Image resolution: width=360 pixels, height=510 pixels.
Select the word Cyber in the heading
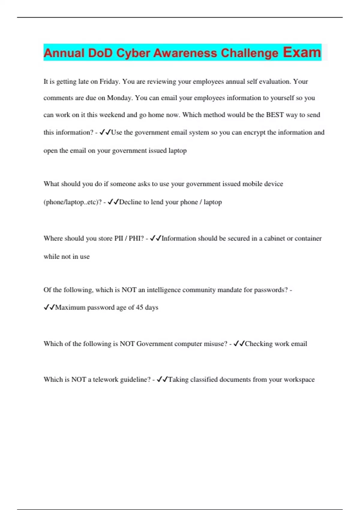pos(133,53)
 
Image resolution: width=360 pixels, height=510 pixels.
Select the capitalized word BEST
pos(275,115)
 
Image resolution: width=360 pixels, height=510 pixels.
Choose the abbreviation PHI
pos(134,238)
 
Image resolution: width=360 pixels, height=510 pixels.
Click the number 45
pos(139,307)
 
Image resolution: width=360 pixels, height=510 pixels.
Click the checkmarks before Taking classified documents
pos(162,379)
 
